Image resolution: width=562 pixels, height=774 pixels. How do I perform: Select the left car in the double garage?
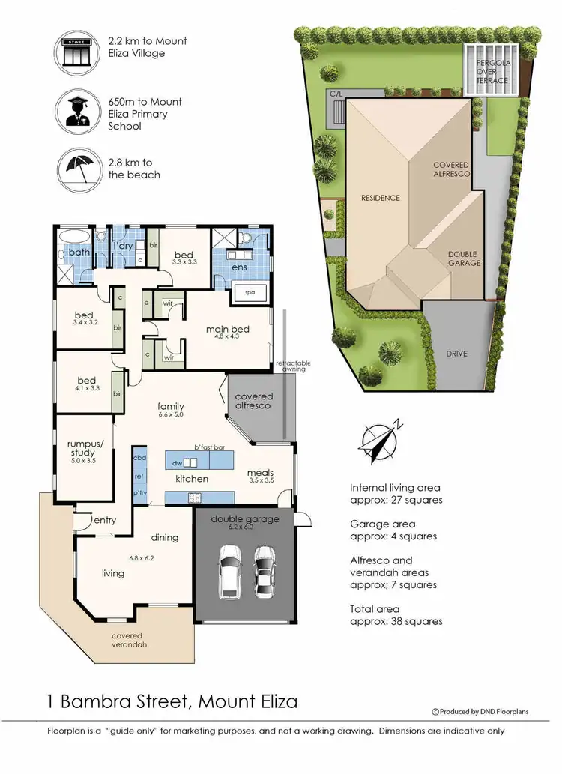point(229,569)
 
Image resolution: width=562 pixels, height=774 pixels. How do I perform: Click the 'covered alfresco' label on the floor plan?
point(254,401)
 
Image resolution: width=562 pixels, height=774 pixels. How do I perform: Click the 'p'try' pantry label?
point(139,492)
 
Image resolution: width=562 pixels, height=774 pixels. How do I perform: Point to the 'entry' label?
point(104,521)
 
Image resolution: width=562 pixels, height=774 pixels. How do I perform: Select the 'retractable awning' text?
point(293,366)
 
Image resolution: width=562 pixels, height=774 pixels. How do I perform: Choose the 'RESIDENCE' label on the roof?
point(381,199)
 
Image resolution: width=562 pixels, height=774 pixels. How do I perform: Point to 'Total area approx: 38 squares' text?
point(396,615)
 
